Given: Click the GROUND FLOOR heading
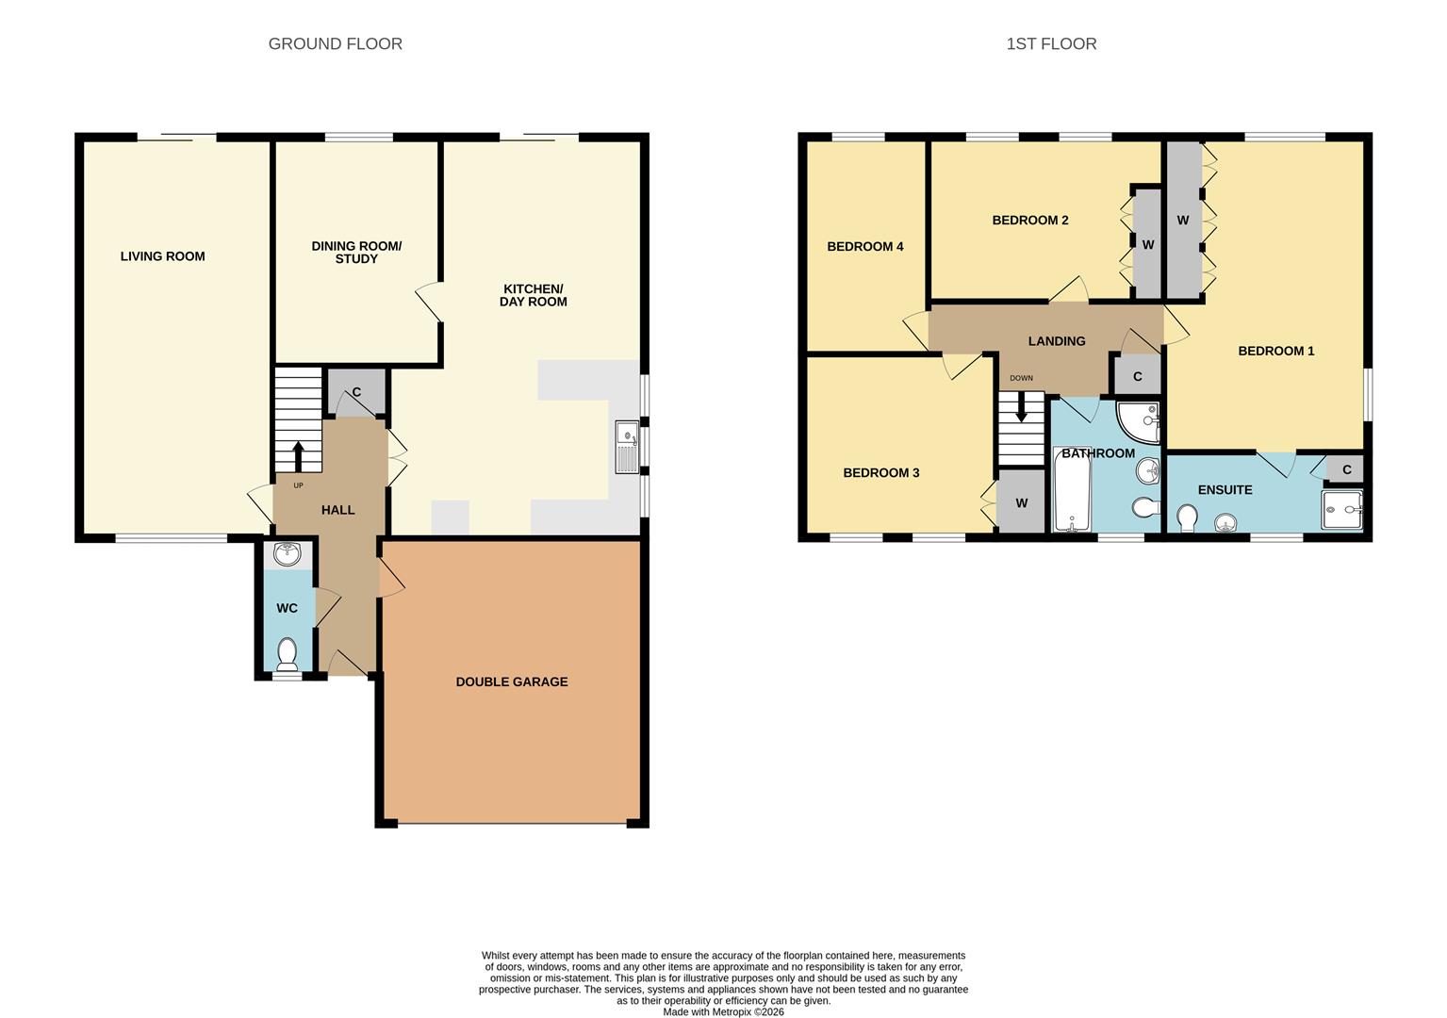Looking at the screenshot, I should [335, 43].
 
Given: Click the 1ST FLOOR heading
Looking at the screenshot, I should [1051, 43].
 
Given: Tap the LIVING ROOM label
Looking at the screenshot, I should [162, 256].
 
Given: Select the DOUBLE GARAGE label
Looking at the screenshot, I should [512, 681].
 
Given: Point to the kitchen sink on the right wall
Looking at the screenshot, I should [627, 447].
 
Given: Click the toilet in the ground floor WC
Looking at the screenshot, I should [288, 651].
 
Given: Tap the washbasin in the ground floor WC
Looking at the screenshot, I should [287, 553].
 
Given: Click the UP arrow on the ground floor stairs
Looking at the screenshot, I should [299, 455].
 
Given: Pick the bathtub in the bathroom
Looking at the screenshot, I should [1072, 491].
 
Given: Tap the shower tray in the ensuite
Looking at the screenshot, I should [1342, 510].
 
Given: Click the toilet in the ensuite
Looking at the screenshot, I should [1188, 517].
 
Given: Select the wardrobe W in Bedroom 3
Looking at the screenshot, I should [1021, 503].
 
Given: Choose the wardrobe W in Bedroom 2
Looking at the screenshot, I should [1147, 244].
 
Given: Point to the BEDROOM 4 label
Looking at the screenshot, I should [864, 247].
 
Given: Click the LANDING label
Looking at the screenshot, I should [1056, 341].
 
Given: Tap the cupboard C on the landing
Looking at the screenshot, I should [1137, 376].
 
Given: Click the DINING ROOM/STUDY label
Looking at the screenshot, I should [356, 253].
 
